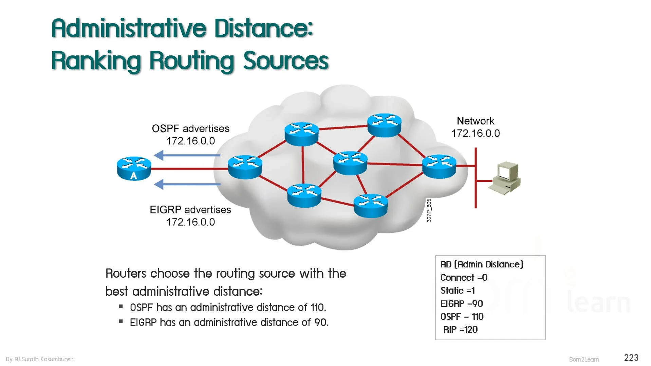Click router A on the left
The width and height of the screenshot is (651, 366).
134,168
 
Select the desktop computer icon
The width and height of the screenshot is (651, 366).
505,178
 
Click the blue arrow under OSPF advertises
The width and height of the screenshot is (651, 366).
187,156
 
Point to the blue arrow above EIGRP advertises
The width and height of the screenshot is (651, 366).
187,185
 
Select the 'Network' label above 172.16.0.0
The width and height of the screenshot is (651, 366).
475,121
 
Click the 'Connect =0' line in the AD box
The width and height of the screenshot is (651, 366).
464,278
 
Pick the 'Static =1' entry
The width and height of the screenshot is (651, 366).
458,291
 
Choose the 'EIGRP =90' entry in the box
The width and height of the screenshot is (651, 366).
462,303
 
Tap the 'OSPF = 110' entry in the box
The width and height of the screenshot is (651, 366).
462,317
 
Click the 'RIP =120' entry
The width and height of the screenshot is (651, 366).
460,330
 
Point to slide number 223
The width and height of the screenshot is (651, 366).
631,358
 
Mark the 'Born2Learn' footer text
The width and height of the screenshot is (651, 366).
584,360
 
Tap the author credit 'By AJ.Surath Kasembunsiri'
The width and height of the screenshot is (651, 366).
40,359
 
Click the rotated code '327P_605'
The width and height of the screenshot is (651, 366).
429,211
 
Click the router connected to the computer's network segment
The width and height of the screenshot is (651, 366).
439,167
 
